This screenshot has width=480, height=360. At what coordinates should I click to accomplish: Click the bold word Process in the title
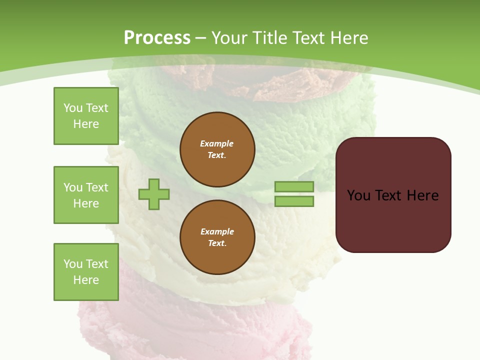[x=157, y=37]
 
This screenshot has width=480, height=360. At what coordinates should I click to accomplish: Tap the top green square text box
[x=86, y=116]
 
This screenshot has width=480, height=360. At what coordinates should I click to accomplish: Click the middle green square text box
[x=86, y=195]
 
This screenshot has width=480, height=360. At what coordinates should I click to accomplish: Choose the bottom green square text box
[x=86, y=272]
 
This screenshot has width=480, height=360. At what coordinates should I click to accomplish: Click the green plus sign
[x=154, y=193]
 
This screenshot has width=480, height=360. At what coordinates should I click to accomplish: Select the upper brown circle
[x=217, y=149]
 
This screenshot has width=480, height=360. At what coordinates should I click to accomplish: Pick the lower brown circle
[x=217, y=237]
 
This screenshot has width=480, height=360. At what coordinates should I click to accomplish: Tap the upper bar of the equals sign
[x=294, y=186]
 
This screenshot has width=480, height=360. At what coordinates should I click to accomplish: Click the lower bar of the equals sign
[x=294, y=201]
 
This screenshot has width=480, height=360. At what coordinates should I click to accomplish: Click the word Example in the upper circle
[x=216, y=143]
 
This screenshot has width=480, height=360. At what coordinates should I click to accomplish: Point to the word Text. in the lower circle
[x=217, y=243]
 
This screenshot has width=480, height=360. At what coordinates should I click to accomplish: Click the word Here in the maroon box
[x=422, y=195]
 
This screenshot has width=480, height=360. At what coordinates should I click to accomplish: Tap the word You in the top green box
[x=73, y=108]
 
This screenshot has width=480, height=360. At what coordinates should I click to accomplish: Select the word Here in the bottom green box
[x=86, y=280]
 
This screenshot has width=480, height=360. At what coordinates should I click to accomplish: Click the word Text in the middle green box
[x=97, y=187]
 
